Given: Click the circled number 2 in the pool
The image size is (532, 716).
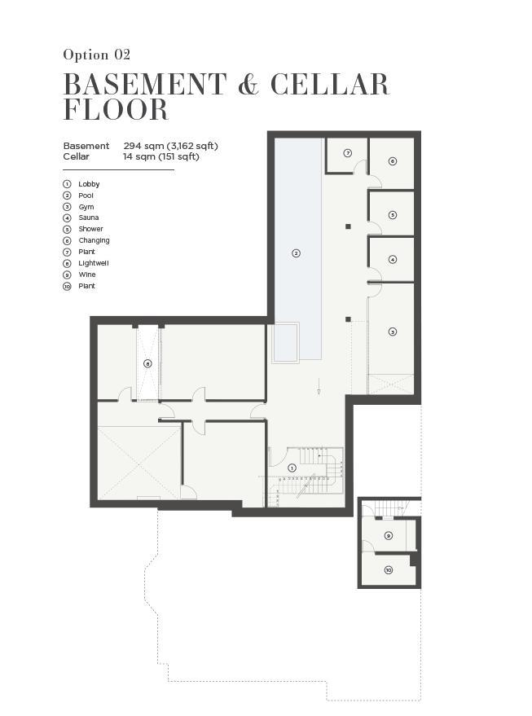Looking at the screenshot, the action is click(x=296, y=253).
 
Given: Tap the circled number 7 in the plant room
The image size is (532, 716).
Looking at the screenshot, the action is click(x=348, y=153).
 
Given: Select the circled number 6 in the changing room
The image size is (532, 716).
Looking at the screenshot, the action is click(x=392, y=161).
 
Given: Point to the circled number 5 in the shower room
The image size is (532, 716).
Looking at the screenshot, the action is click(x=392, y=214).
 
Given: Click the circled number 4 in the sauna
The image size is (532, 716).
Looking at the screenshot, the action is click(x=392, y=259).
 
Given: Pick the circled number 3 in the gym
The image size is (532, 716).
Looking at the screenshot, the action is click(x=392, y=332).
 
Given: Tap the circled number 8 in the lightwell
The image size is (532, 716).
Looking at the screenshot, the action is click(x=147, y=363).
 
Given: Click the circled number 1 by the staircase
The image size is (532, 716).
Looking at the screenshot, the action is click(x=292, y=468).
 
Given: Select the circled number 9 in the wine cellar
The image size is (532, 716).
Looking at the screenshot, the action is click(x=388, y=535).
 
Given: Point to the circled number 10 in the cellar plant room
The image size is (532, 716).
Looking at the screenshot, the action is click(x=388, y=570).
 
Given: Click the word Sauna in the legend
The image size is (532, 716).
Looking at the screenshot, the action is click(x=89, y=217).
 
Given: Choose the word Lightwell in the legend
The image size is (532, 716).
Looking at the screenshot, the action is click(x=94, y=263).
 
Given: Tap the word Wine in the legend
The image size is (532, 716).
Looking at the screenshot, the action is click(x=86, y=275).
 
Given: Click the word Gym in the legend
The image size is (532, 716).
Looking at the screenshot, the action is click(x=86, y=207).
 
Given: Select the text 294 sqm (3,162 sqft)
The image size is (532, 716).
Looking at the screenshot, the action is click(x=170, y=146).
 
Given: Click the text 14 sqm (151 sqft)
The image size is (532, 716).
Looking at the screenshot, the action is click(x=161, y=156).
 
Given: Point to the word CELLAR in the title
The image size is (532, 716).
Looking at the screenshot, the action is click(x=329, y=85).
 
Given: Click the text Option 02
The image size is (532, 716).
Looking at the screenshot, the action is click(x=97, y=55).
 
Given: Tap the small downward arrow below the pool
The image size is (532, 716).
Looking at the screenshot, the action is click(x=319, y=386).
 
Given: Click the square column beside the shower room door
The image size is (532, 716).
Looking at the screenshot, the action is click(x=348, y=226).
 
